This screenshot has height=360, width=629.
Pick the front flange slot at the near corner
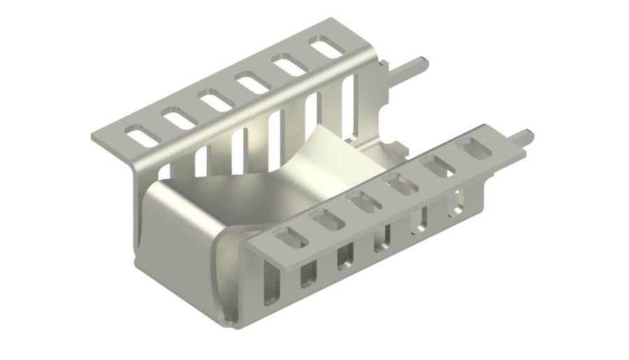pyautogui.click(x=291, y=238)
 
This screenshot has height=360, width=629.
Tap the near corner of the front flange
pyautogui.click(x=249, y=245)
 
